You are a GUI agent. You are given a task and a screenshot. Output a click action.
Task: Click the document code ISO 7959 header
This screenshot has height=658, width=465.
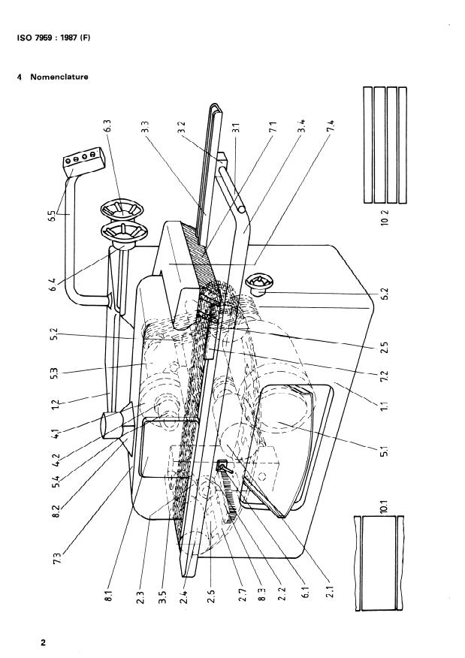pos(53,38)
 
